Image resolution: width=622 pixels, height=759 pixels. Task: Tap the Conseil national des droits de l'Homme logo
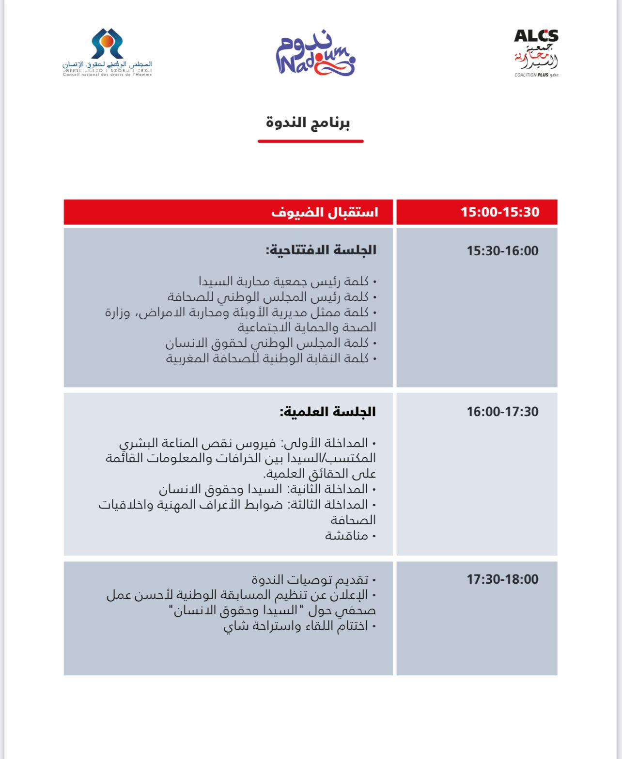107,52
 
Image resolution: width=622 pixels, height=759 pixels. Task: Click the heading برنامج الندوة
308,122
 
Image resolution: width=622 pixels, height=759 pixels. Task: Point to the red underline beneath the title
311,141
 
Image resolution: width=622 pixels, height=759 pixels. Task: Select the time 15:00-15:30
500,212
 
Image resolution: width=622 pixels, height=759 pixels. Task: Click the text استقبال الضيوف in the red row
325,212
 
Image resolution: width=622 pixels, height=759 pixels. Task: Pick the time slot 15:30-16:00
502,251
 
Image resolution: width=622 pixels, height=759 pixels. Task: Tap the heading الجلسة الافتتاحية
321,250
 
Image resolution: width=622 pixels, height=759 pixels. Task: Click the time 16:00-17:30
502,412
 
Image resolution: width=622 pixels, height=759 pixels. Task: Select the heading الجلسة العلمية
327,412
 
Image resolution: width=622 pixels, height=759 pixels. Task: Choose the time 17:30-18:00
502,579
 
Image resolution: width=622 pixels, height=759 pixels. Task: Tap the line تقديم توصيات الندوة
310,579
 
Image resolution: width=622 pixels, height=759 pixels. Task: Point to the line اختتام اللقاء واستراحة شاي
296,626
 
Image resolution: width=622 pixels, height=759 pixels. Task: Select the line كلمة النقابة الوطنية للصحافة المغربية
267,358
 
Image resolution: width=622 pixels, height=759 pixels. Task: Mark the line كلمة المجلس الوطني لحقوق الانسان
267,343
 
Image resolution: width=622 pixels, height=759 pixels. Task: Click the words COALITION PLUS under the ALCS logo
532,75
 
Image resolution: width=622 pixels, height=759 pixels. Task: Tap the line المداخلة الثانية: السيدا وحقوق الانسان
264,489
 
